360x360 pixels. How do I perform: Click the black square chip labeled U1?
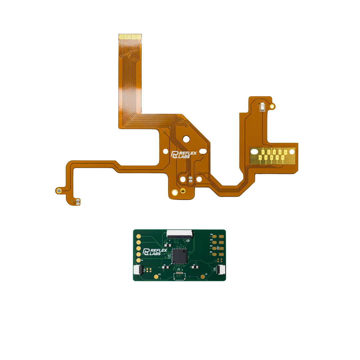(x=179, y=255)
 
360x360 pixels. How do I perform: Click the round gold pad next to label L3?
(x=203, y=277)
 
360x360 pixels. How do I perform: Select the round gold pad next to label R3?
(x=156, y=277)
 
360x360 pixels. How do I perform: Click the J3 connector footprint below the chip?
(x=179, y=275)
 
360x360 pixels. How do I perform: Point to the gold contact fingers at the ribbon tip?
(x=130, y=36)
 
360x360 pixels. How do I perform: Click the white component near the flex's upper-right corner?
(x=263, y=107)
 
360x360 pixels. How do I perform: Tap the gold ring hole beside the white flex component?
(x=272, y=106)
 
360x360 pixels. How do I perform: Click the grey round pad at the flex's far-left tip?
(x=59, y=191)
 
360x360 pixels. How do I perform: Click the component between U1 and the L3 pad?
(x=195, y=267)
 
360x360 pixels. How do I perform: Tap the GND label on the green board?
(x=218, y=248)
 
